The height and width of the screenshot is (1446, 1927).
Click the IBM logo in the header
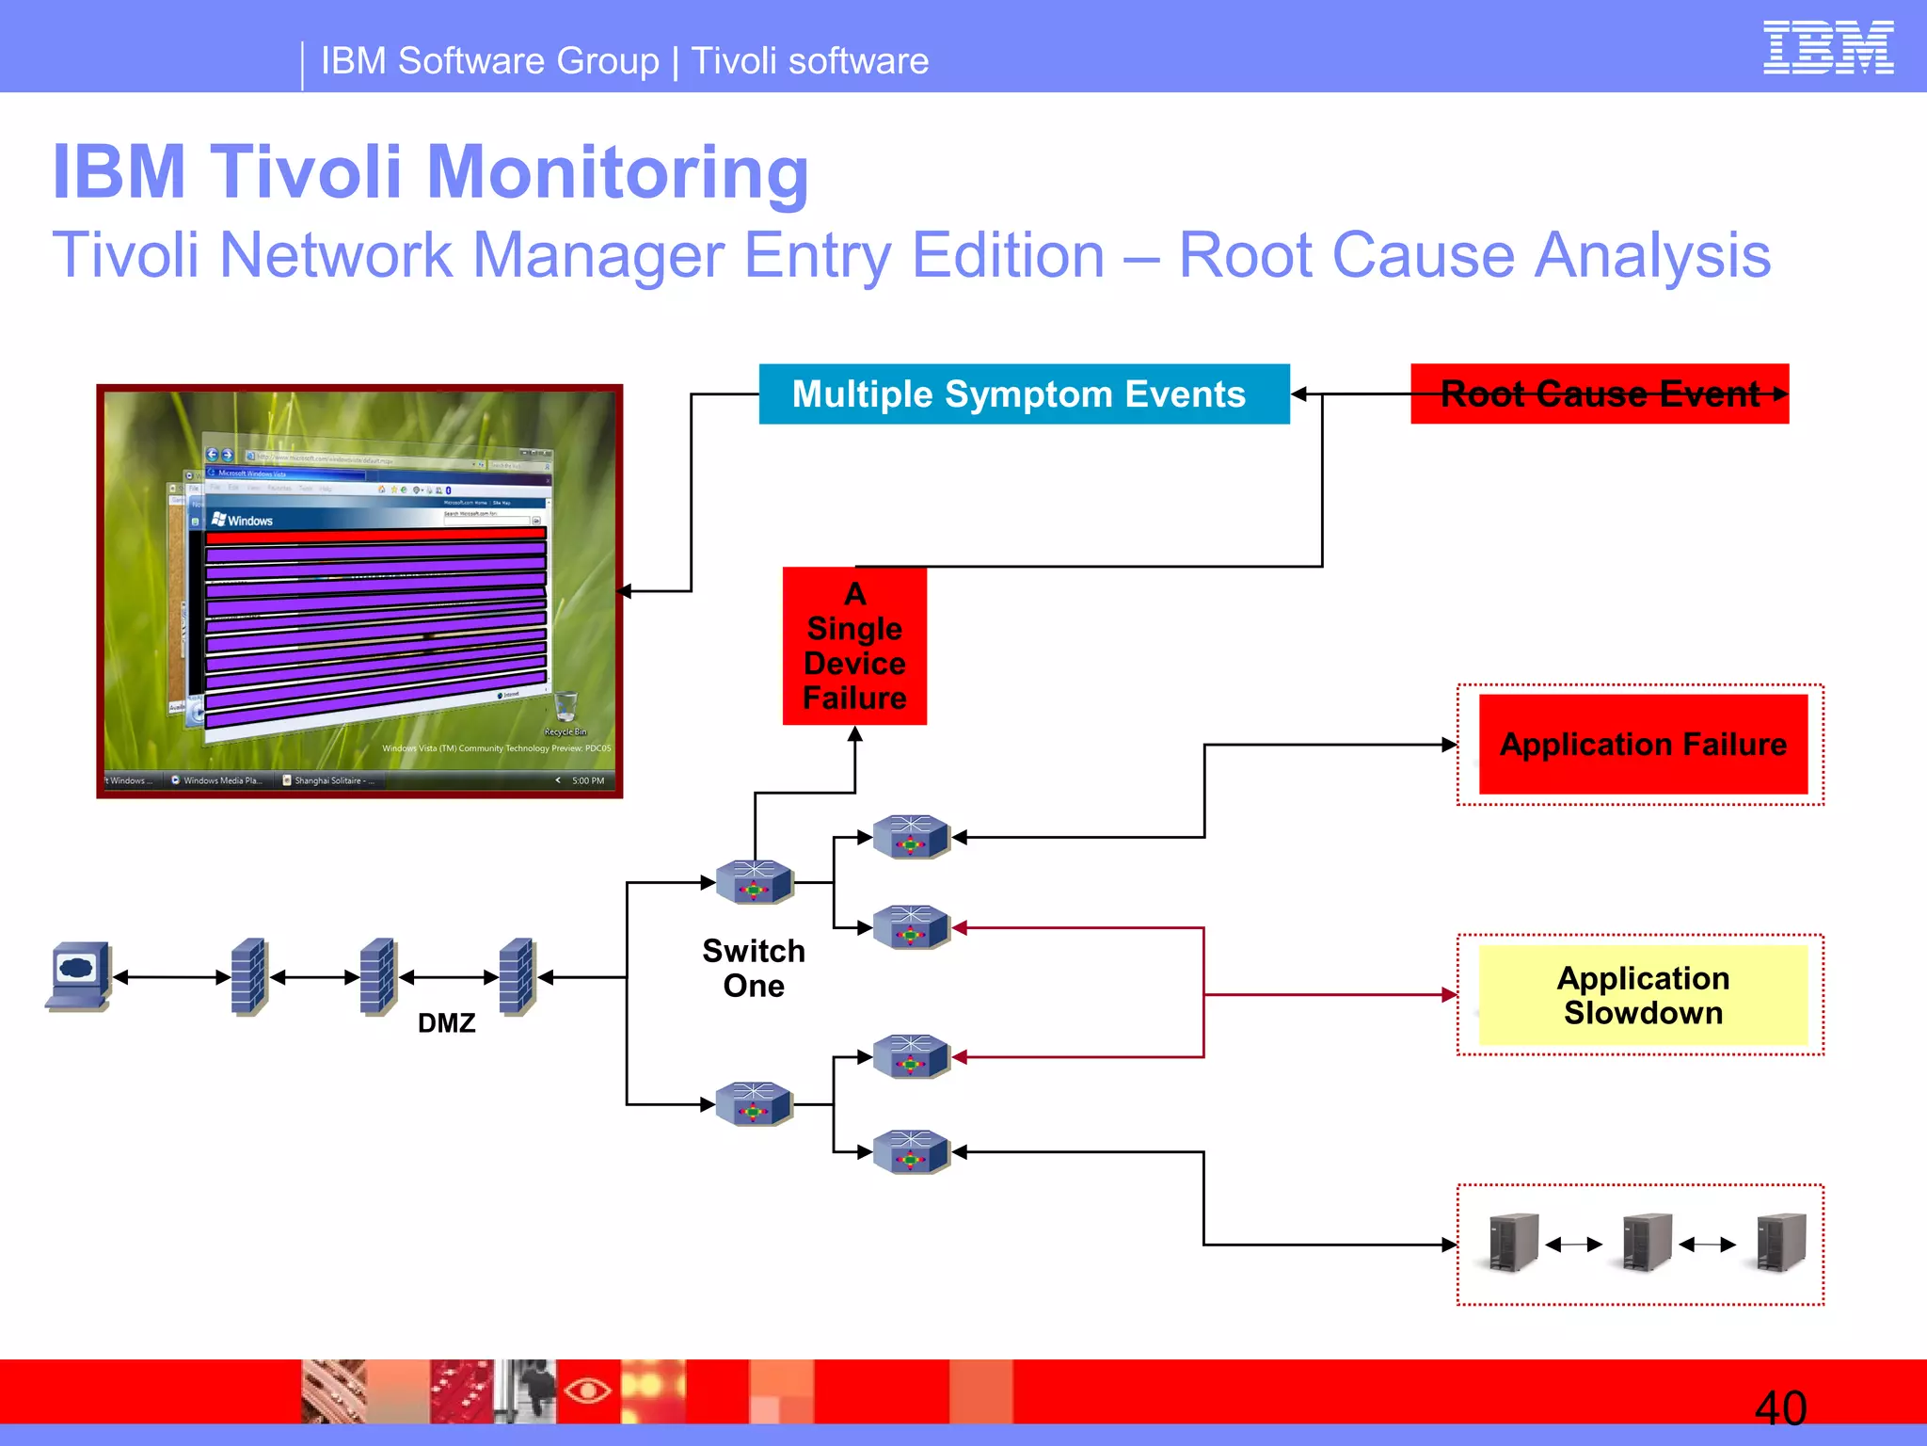click(1827, 47)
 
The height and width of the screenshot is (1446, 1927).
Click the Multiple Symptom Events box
click(1023, 394)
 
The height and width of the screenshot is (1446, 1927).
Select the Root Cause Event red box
click(1599, 394)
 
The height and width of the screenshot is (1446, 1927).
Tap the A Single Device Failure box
click(854, 646)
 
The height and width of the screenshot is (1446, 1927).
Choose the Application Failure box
click(1642, 744)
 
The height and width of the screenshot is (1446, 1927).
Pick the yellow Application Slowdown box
click(1642, 995)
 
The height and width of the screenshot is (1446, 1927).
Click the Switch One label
click(754, 968)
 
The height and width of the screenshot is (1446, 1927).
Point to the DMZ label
click(446, 1023)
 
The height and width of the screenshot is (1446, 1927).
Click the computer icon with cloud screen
click(79, 975)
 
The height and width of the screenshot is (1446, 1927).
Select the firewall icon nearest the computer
click(249, 976)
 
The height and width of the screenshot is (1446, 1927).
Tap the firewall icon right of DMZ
click(518, 976)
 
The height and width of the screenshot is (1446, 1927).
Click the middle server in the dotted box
click(1647, 1243)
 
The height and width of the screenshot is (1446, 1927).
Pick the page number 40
click(1780, 1408)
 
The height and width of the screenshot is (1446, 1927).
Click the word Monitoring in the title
click(617, 172)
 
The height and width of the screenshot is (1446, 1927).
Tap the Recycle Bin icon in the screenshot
click(565, 706)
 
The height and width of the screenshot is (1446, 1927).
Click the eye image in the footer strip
click(587, 1390)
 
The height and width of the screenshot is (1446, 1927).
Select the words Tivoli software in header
click(809, 61)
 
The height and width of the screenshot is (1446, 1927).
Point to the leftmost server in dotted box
click(1513, 1243)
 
